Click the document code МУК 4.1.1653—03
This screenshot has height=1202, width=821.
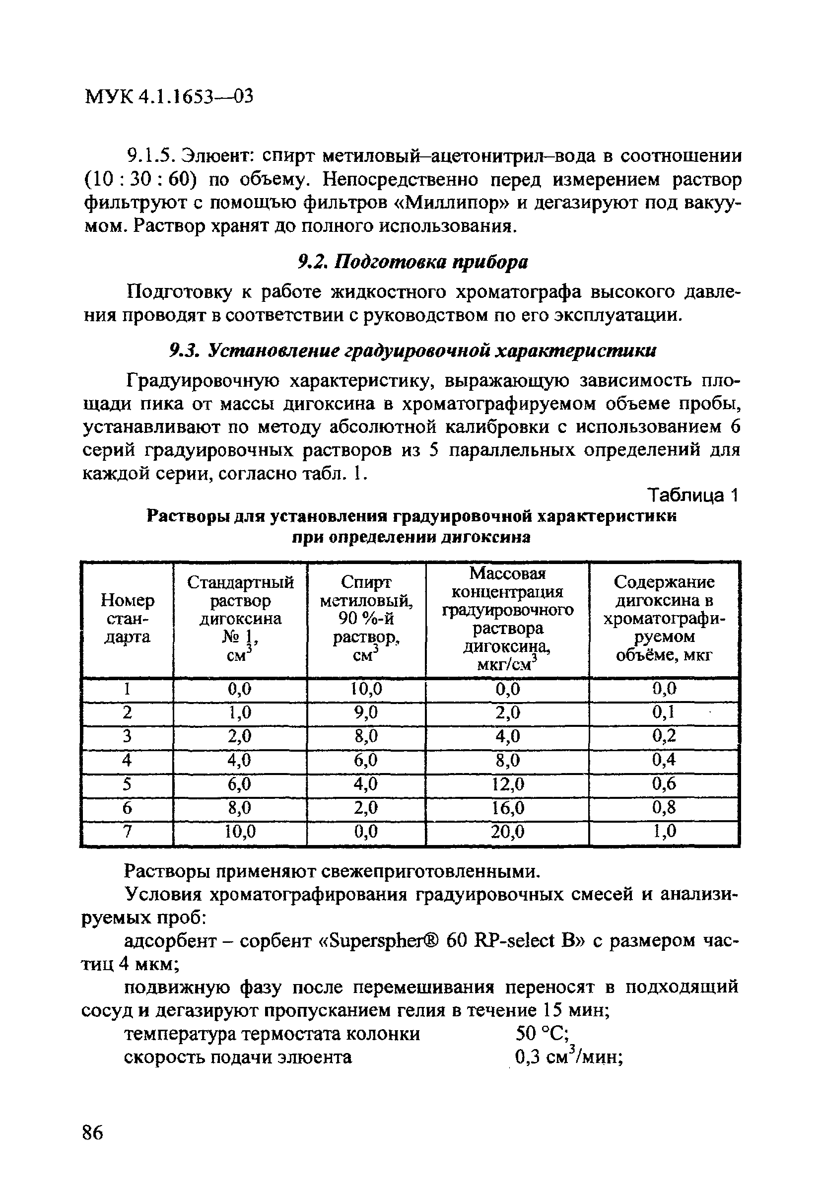click(x=169, y=96)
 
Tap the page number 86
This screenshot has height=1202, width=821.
click(x=93, y=1132)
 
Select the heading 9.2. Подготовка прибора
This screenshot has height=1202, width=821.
click(x=413, y=262)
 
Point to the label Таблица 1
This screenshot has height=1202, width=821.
click(x=694, y=495)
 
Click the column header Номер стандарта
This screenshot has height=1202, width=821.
click(x=127, y=619)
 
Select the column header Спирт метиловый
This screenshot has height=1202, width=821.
click(x=366, y=619)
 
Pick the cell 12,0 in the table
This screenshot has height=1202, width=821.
click(x=507, y=784)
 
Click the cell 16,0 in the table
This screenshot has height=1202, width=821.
click(x=507, y=808)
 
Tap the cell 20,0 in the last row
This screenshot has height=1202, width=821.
click(x=507, y=831)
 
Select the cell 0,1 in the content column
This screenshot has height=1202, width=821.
click(x=664, y=713)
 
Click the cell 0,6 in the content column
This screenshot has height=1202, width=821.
click(x=664, y=784)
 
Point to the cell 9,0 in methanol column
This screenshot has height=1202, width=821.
click(x=366, y=713)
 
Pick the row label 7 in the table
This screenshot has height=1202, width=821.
click(x=127, y=831)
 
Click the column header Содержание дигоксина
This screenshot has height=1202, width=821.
click(x=664, y=619)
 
